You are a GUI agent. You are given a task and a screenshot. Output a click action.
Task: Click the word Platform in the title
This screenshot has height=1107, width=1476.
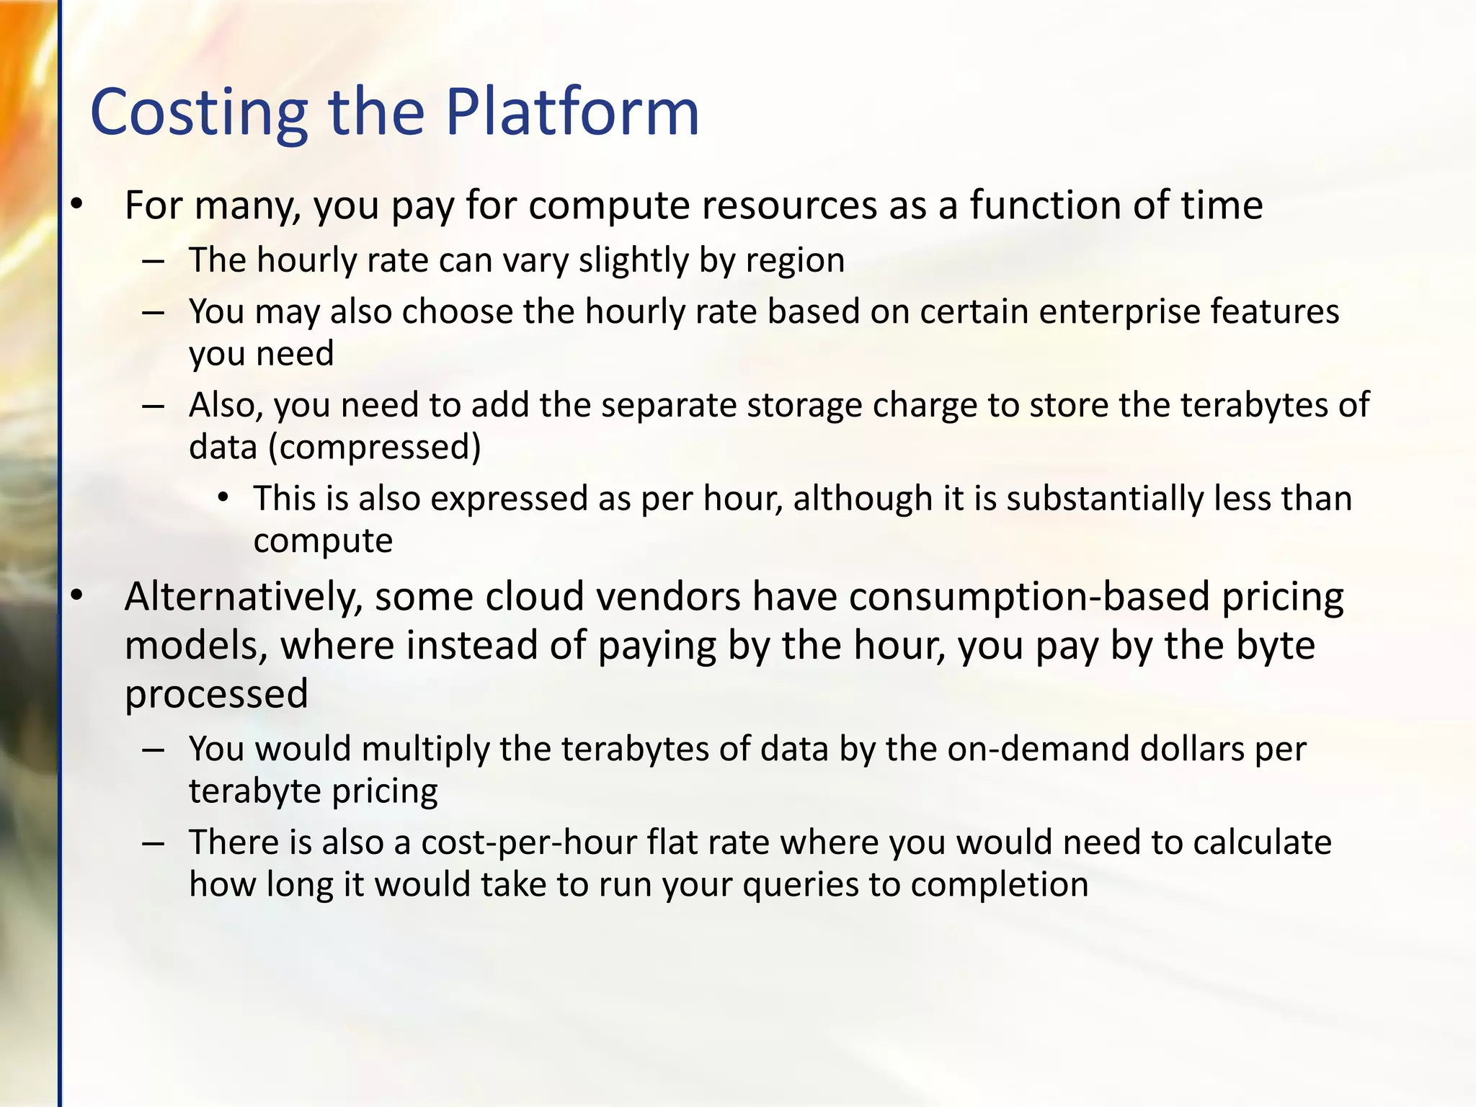572,113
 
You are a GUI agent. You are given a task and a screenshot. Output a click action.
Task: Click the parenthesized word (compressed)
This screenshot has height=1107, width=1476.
374,448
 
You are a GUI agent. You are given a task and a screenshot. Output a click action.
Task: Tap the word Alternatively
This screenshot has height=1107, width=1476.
243,597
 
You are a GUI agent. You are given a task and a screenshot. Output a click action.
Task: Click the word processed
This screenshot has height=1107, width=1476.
216,694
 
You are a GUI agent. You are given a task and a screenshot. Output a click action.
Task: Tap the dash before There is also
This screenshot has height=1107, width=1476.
154,843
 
